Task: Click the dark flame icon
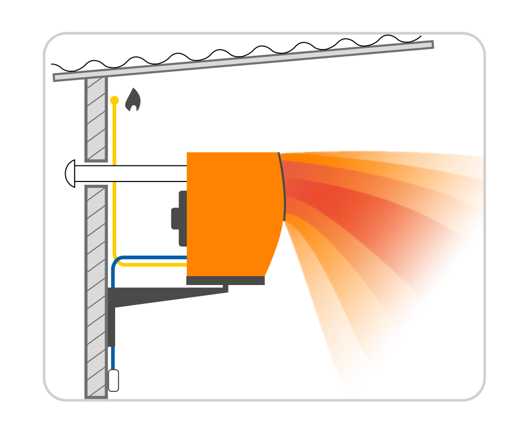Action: click(x=133, y=100)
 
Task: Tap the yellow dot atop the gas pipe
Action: click(x=115, y=101)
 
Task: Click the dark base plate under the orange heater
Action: click(x=225, y=281)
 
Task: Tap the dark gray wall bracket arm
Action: click(x=167, y=295)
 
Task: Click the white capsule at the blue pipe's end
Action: click(x=113, y=380)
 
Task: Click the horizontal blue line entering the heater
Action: click(x=156, y=258)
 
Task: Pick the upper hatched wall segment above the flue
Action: click(x=96, y=119)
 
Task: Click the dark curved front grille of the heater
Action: click(x=283, y=186)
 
